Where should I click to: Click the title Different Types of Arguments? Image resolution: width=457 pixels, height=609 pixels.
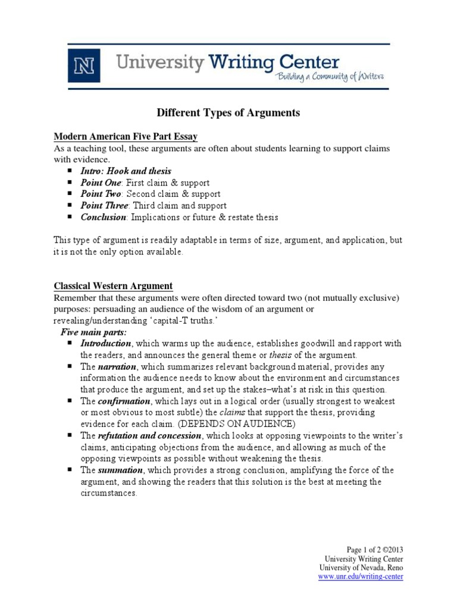228,112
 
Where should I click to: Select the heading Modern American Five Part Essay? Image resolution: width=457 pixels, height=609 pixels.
126,137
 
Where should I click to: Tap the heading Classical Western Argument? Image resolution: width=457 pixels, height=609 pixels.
113,286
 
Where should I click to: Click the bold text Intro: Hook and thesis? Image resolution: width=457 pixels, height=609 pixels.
126,171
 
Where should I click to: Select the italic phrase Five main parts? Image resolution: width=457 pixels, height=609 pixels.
93,332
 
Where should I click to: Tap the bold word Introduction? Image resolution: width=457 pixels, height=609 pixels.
106,344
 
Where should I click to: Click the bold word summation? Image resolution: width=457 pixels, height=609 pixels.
120,470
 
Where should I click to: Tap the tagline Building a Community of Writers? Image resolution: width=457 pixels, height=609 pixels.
328,76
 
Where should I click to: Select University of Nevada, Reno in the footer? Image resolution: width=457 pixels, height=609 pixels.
362,568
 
